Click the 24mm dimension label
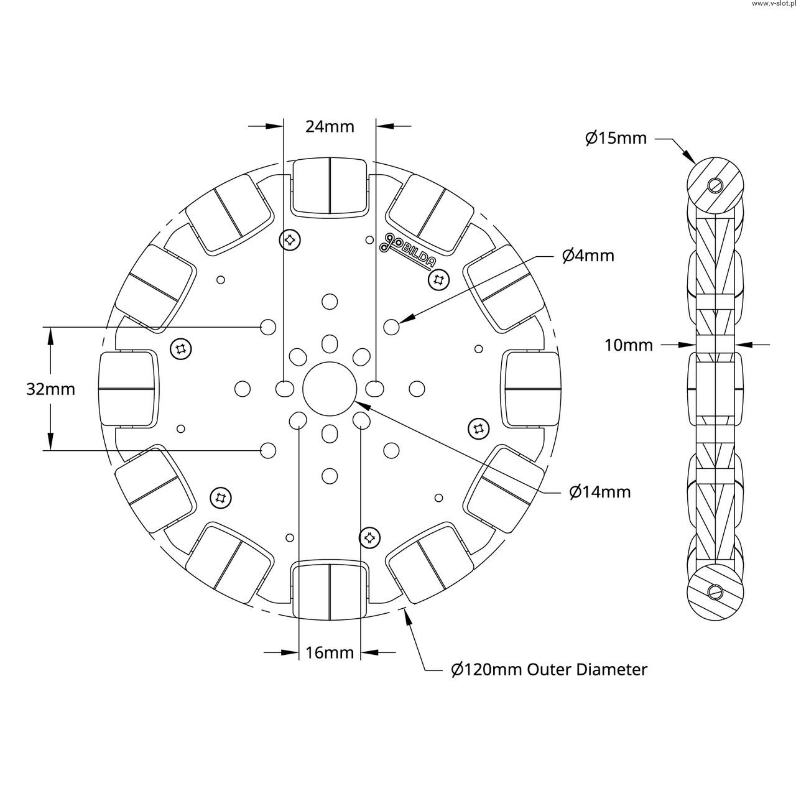tap(330, 126)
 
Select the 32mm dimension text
tap(50, 389)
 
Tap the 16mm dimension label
tap(330, 653)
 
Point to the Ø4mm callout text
tap(588, 256)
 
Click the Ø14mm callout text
tap(599, 492)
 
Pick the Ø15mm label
tap(616, 138)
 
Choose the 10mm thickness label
tap(629, 345)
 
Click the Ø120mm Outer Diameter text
tap(549, 670)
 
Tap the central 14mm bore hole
tap(330, 389)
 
